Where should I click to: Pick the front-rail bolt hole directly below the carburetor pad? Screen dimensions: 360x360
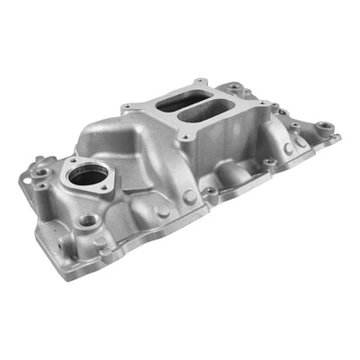(x=209, y=191)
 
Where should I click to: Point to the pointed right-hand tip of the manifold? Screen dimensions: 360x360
(x=338, y=138)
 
